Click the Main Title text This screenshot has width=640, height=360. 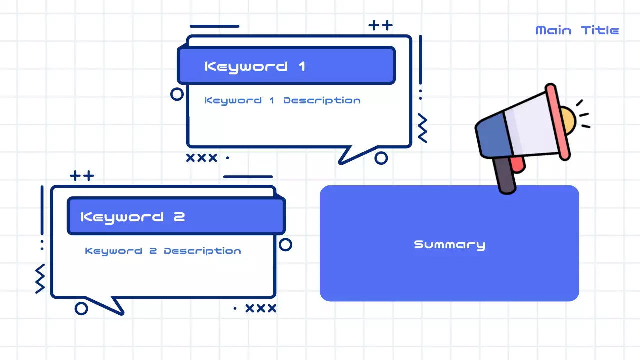[x=577, y=30]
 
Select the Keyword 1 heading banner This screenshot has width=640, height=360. [x=286, y=65]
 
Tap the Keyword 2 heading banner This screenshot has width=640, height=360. [x=176, y=216]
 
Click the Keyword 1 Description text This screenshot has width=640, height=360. [x=282, y=100]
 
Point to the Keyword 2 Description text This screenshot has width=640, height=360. [x=163, y=251]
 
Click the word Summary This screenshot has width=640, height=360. [x=449, y=244]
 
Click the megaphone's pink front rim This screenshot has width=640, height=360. [x=557, y=122]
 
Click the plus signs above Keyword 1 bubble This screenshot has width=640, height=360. [x=380, y=25]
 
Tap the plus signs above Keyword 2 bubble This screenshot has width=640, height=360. [x=82, y=176]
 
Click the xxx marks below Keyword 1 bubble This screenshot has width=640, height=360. [x=201, y=158]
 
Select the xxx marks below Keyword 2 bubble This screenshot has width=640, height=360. [x=261, y=308]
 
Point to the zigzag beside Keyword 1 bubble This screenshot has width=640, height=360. [x=422, y=128]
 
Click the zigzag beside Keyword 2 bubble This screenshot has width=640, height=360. [x=40, y=278]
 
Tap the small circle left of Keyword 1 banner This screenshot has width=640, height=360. [x=177, y=94]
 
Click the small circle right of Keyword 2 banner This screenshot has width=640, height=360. [x=285, y=244]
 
